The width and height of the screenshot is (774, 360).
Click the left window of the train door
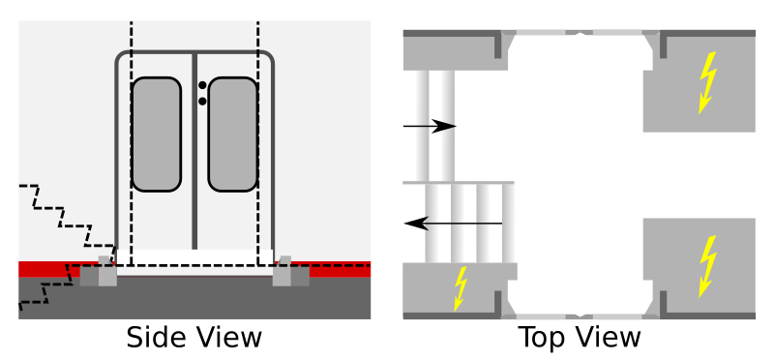coord(157,134)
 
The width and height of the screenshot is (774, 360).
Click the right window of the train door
coord(232,134)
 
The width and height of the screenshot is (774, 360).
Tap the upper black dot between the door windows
coord(202,85)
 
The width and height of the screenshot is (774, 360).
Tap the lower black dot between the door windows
coord(202,100)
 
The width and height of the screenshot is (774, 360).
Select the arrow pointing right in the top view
coord(430,126)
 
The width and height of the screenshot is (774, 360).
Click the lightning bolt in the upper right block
coord(708,79)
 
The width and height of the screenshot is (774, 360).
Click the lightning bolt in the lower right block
coord(708,265)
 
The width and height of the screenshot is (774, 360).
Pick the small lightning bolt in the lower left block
coord(461,287)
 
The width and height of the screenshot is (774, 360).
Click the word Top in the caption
coord(544,338)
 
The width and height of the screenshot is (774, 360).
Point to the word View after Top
coord(608,338)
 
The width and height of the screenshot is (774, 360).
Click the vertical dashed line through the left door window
coord(132,135)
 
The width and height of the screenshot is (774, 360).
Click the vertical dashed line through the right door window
coord(258,135)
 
